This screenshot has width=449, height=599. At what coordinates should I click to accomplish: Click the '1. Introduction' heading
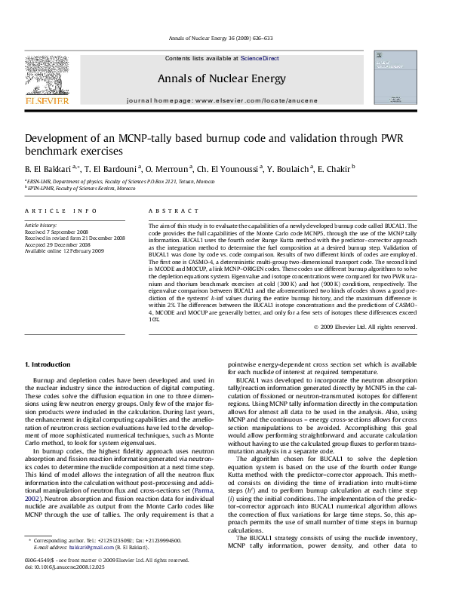point(48,364)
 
